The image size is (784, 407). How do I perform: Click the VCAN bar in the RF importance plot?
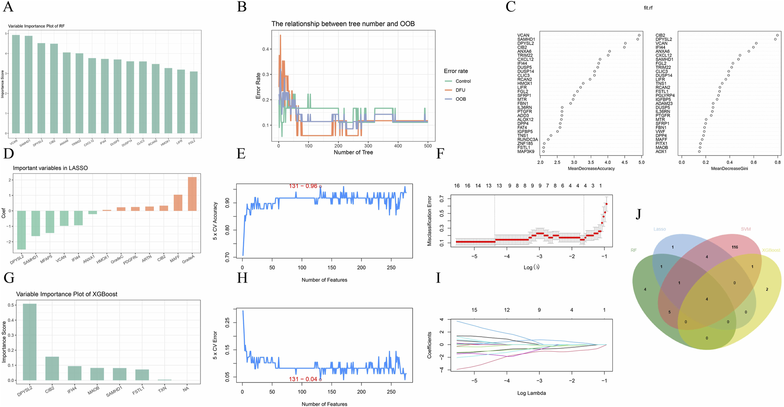point(15,84)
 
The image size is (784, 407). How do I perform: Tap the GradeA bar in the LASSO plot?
point(192,194)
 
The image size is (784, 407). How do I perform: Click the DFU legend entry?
point(460,90)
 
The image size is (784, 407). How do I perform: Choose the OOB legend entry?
point(461,99)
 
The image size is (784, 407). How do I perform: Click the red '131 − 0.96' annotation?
point(303,186)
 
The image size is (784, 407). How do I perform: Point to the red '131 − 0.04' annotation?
point(303,379)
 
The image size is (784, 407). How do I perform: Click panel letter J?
point(638,214)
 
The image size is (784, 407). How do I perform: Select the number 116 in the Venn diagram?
point(735,247)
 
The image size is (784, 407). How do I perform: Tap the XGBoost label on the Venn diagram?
point(771,250)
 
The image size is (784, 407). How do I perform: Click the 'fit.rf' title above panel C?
point(648,8)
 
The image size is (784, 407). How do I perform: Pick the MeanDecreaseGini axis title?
point(729,169)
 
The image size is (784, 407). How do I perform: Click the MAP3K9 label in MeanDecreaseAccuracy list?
point(526,152)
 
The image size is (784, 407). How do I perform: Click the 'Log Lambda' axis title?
point(531,393)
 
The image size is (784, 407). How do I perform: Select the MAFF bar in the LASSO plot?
point(178,203)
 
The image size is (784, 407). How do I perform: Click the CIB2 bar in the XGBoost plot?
point(52,368)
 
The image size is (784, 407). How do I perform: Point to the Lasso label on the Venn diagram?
point(659,229)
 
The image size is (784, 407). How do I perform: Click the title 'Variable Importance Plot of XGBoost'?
point(66,294)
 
